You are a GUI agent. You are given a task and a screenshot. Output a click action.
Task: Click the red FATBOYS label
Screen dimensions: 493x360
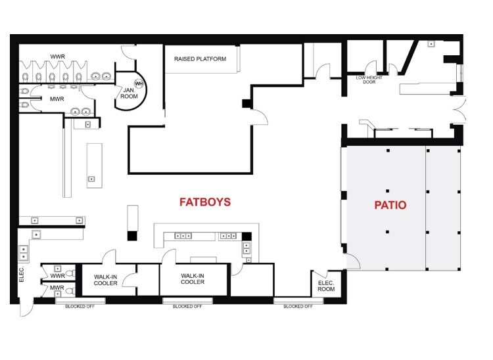[x=205, y=202]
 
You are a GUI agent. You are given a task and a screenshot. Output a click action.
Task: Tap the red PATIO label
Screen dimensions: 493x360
[x=390, y=205]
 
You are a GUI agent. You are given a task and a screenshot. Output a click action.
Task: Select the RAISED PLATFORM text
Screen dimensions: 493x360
[x=200, y=58]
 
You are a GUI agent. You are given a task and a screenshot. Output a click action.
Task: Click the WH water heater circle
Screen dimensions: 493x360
[x=139, y=83]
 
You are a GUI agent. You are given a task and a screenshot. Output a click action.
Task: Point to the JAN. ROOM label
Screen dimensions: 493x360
[x=129, y=93]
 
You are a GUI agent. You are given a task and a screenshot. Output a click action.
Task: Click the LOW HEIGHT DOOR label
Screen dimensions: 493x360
[x=369, y=79]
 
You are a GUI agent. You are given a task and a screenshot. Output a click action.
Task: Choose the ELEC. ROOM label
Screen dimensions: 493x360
[x=326, y=286]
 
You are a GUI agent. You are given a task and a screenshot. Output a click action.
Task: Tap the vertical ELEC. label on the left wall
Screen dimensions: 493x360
[x=22, y=274]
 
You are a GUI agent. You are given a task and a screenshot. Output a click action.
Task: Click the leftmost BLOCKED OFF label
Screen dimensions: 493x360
[x=80, y=306]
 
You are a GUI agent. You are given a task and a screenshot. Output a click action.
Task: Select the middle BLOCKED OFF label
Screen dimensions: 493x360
[x=187, y=306]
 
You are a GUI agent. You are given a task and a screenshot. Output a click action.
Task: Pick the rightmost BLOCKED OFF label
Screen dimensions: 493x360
[x=298, y=306]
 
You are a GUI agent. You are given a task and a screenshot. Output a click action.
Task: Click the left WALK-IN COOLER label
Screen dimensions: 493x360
[x=106, y=280]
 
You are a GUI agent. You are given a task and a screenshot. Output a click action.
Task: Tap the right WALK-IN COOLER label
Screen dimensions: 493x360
[x=193, y=279]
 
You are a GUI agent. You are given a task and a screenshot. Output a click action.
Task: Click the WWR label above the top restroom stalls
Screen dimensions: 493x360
[x=58, y=56]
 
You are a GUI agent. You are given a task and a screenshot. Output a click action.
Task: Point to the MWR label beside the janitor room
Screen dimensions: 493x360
[x=57, y=99]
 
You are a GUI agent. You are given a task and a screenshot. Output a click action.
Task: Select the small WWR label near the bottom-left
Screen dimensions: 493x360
[x=58, y=276]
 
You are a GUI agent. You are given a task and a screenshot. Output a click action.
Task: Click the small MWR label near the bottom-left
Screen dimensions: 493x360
[x=57, y=288]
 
